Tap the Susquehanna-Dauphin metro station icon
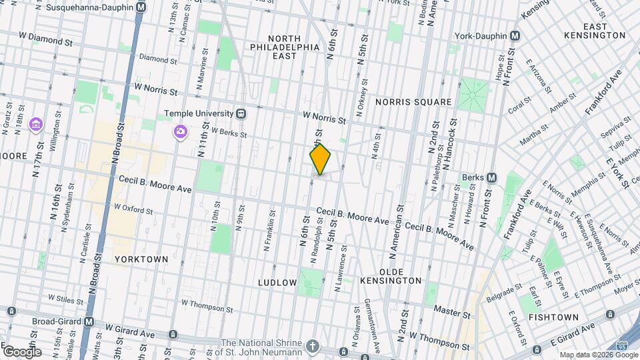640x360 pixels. [x=140, y=7]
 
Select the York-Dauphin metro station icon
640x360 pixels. [x=515, y=35]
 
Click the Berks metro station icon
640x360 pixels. [x=491, y=177]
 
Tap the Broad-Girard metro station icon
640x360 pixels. [x=89, y=321]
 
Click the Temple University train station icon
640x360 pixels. [x=241, y=113]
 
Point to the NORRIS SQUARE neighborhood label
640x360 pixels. [x=413, y=102]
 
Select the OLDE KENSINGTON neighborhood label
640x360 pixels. [x=400, y=276]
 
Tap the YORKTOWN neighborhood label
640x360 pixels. [x=141, y=259]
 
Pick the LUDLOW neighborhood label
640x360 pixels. [x=277, y=283]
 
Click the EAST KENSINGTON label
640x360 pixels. [x=594, y=29]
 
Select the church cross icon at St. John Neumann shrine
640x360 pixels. [x=312, y=347]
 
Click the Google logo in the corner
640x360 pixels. [x=22, y=351]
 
